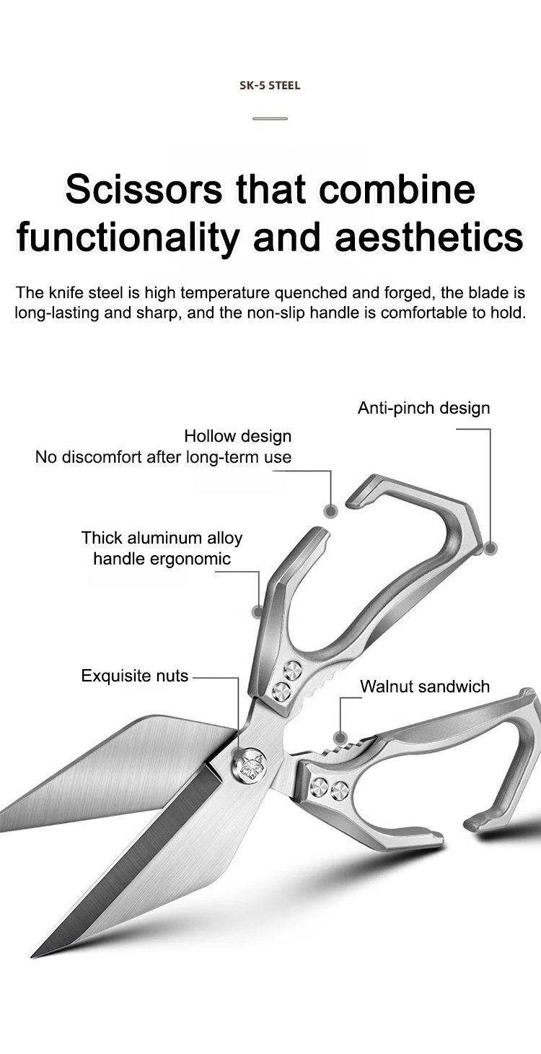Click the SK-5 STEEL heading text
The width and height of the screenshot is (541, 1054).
click(270, 86)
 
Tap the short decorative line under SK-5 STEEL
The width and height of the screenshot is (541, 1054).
click(270, 118)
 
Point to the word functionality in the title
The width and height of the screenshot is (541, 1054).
click(126, 238)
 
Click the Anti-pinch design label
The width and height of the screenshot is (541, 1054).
click(423, 409)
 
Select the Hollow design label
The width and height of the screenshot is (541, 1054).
click(237, 436)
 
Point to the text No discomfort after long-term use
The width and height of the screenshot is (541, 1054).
click(163, 457)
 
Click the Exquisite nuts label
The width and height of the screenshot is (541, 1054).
click(134, 676)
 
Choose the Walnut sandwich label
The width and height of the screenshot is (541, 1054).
click(425, 686)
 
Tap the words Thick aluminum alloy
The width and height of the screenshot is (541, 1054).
click(162, 538)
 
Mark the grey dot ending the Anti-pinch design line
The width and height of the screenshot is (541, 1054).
click(490, 549)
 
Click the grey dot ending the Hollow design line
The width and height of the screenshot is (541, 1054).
click(330, 510)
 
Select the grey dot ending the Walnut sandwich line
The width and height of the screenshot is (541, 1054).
click(340, 737)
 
